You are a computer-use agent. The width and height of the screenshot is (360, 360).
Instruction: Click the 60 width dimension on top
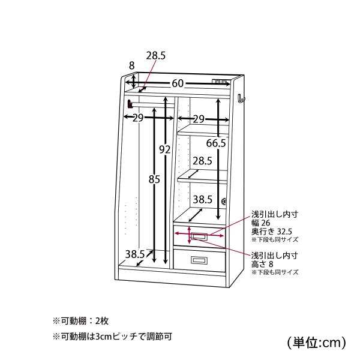pyautogui.click(x=178, y=83)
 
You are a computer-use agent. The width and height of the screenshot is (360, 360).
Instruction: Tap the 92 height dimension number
pyautogui.click(x=165, y=149)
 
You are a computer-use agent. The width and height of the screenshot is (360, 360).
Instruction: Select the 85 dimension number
pyautogui.click(x=154, y=179)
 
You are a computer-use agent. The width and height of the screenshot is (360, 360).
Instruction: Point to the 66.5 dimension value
pyautogui.click(x=216, y=143)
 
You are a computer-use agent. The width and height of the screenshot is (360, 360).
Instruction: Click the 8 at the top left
pyautogui.click(x=131, y=65)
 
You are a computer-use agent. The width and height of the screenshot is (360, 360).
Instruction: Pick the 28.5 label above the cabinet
pyautogui.click(x=156, y=56)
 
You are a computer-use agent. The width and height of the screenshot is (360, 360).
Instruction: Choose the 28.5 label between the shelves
pyautogui.click(x=202, y=161)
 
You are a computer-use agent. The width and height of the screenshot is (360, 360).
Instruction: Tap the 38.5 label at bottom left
pyautogui.click(x=135, y=254)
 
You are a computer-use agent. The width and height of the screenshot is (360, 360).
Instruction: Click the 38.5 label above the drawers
pyautogui.click(x=202, y=200)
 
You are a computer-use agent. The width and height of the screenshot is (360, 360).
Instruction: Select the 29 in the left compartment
pyautogui.click(x=138, y=118)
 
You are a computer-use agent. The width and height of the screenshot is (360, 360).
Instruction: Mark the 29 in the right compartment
pyautogui.click(x=199, y=119)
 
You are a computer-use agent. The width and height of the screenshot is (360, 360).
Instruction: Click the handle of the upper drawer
pyautogui.click(x=199, y=236)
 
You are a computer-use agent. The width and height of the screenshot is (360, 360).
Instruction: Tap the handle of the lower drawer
pyautogui.click(x=199, y=260)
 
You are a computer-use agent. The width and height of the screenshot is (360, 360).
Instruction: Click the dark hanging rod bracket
pyautogui.click(x=130, y=104)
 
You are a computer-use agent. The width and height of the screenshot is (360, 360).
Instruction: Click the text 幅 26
pyautogui.click(x=261, y=223)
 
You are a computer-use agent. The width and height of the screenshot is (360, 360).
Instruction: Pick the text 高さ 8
pyautogui.click(x=262, y=264)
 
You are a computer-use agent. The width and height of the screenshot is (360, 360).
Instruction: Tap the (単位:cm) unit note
pyautogui.click(x=316, y=343)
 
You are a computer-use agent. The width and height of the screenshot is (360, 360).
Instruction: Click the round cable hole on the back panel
pyautogui.click(x=223, y=202)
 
